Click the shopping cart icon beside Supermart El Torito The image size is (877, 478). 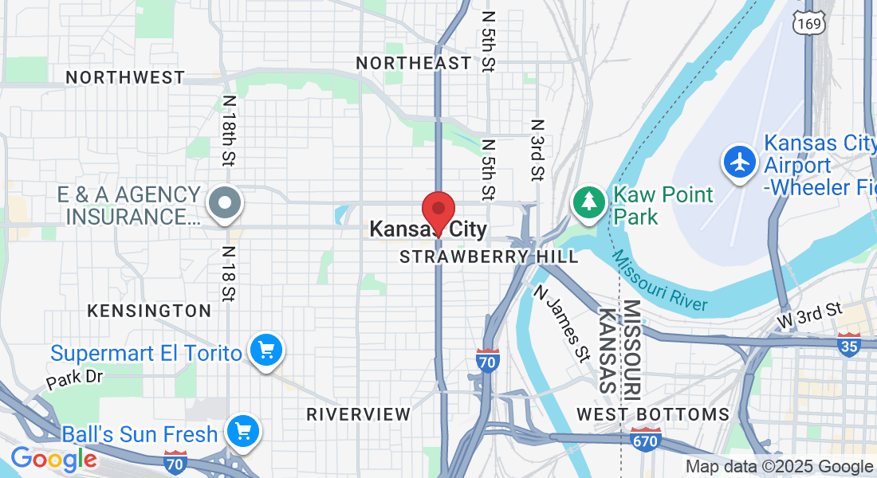265,350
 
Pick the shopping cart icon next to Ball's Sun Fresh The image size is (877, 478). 242,433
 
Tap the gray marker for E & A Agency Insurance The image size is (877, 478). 225,202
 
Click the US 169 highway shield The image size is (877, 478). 808,23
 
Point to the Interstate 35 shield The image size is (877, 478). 849,345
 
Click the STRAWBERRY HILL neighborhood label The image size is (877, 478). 489,257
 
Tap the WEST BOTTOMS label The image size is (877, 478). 653,414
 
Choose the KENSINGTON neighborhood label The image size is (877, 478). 149,311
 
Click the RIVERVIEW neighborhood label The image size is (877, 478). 359,414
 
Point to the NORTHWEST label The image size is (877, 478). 125,77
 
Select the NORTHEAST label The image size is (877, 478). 413,62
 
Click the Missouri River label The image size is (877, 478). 659,280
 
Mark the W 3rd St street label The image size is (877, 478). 810,315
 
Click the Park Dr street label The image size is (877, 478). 74,378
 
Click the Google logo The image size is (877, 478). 53,459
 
